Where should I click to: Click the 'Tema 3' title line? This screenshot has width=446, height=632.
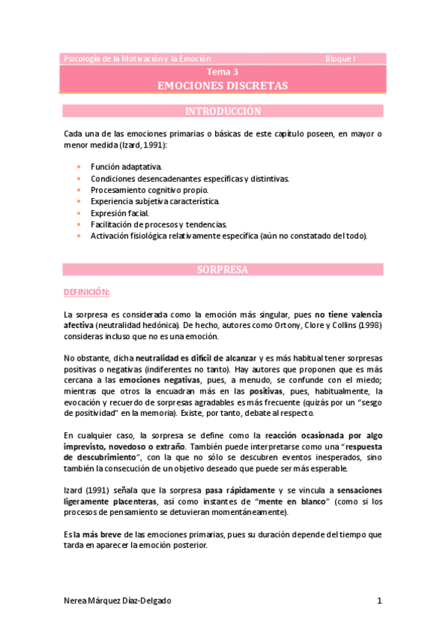[x=223, y=72]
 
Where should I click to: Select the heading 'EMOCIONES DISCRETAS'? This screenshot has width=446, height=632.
[x=223, y=86]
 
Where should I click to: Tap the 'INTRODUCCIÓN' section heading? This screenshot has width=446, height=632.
[x=223, y=112]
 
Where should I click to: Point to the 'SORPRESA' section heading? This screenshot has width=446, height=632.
[x=223, y=269]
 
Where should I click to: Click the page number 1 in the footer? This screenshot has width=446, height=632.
[x=379, y=600]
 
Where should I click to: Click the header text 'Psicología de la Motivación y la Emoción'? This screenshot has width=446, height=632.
[x=138, y=58]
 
